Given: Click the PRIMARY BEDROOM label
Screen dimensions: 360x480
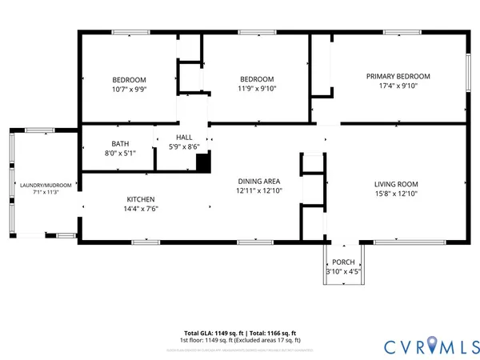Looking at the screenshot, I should [398, 76].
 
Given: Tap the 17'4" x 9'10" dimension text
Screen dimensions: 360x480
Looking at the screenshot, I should [398, 87].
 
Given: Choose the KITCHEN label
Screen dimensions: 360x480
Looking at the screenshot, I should [141, 199].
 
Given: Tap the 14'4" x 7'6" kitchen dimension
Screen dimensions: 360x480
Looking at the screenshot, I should [141, 210].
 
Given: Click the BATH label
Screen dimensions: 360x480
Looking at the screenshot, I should [120, 144].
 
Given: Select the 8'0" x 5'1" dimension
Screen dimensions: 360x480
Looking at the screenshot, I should [120, 154].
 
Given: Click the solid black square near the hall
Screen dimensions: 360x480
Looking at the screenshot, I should [203, 162].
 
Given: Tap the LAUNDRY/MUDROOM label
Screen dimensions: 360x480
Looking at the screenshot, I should [46, 185].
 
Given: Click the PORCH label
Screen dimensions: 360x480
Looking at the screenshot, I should [343, 262].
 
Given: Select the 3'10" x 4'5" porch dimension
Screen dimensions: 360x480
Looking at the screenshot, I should [343, 273].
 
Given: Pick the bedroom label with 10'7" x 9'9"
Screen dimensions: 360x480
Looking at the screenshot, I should [129, 79].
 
